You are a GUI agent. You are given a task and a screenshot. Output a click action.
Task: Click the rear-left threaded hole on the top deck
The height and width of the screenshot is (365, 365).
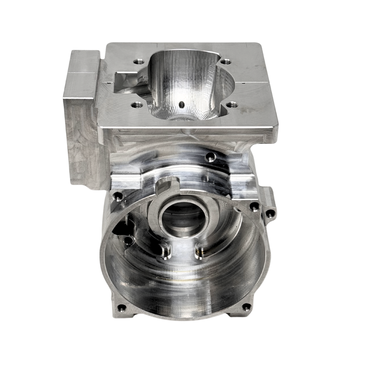[x=137, y=62]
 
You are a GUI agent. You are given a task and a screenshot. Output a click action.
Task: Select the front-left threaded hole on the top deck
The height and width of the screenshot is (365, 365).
[x=137, y=105]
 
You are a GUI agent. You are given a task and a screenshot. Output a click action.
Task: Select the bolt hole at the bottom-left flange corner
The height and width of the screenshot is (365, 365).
[x=121, y=307]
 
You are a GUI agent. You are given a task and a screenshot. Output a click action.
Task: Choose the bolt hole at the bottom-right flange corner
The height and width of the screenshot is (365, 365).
[x=247, y=307]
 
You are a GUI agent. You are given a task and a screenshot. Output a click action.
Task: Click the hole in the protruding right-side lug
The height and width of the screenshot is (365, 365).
[x=270, y=213]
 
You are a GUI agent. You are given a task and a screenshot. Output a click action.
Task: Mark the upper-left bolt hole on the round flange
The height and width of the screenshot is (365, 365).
[x=118, y=196]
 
